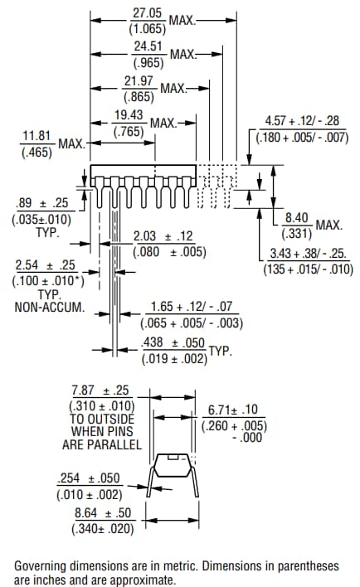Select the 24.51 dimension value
pos(149,46)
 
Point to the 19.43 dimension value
pos(129,115)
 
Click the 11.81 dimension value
pos(37,135)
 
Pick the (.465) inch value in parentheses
pos(37,153)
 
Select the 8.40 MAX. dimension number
pos(297,217)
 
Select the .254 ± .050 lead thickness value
pos(89,479)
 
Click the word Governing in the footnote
pos(42,565)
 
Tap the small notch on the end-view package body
pos(173,457)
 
